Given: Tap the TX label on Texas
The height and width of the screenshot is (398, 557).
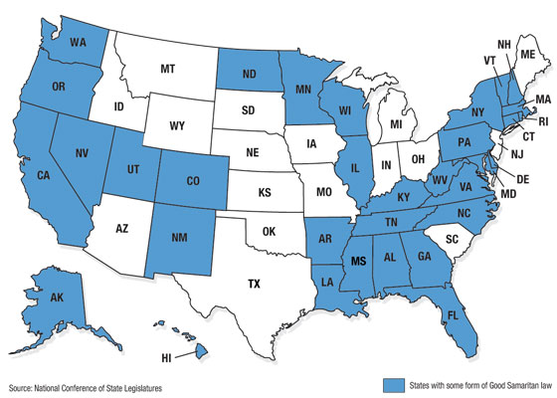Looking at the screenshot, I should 254,284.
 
